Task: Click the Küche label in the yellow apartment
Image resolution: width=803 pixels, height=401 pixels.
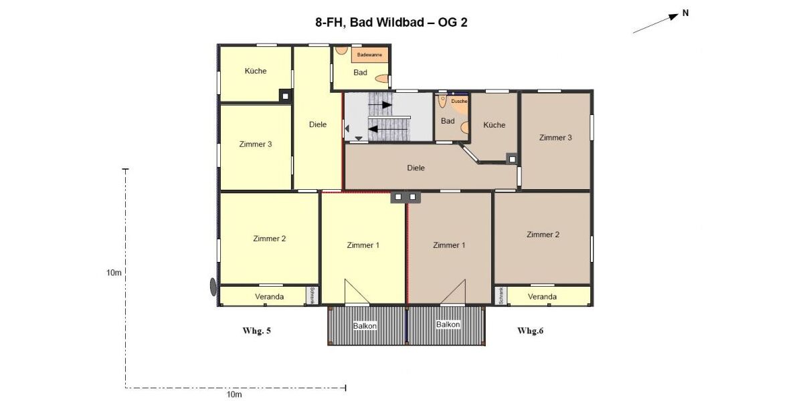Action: [x=256, y=72]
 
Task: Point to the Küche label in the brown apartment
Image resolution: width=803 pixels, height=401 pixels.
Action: [x=495, y=125]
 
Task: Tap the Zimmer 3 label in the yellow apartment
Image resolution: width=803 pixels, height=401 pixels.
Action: [x=256, y=144]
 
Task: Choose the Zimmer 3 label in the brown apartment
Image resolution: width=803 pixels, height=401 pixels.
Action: [x=555, y=138]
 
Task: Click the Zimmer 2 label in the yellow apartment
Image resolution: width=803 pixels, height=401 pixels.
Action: [x=270, y=239]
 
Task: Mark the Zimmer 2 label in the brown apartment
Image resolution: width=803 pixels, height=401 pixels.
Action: [x=543, y=235]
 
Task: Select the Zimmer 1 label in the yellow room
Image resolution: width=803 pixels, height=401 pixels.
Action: [x=363, y=245]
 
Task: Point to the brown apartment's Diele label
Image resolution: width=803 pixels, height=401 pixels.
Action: [x=416, y=168]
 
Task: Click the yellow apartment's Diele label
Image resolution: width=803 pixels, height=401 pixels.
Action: [x=318, y=124]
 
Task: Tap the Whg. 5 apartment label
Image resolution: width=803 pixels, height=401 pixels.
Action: [x=256, y=331]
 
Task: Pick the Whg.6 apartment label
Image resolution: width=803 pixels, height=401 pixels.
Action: [x=531, y=331]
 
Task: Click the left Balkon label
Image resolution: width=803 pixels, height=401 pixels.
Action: [x=365, y=325]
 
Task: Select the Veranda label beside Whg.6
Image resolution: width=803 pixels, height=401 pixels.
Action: [x=542, y=296]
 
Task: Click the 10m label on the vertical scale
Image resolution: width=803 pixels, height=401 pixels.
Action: [x=114, y=273]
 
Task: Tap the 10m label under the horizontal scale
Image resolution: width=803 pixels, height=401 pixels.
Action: [x=234, y=395]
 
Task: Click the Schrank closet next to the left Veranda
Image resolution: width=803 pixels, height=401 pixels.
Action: [x=313, y=295]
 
